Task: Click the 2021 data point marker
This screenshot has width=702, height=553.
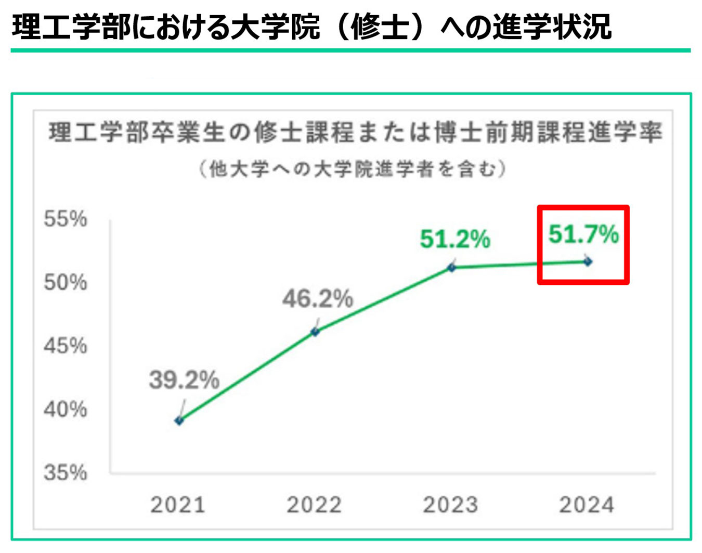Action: (x=179, y=420)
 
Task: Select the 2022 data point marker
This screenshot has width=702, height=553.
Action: (x=315, y=331)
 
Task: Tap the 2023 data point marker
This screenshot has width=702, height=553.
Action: (x=452, y=267)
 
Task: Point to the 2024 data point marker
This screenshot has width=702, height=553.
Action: (x=588, y=261)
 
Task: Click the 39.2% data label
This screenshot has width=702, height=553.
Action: (x=184, y=380)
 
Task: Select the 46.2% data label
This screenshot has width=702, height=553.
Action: (x=318, y=299)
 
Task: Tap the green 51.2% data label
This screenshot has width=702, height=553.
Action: (x=455, y=239)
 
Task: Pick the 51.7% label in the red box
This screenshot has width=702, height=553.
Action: (x=583, y=234)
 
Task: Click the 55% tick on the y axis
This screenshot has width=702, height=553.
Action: (x=66, y=219)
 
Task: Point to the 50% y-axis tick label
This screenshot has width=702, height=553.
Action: (x=66, y=282)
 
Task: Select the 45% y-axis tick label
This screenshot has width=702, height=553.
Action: (x=66, y=346)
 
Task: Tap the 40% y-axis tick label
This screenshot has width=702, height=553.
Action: (x=66, y=409)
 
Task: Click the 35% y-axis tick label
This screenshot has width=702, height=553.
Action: (x=66, y=473)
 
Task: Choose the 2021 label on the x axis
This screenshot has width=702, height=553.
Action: (x=178, y=505)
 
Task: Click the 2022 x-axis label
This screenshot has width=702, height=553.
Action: (x=314, y=505)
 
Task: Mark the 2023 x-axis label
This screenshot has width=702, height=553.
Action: (x=450, y=505)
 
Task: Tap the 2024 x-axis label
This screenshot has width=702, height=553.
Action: (x=587, y=505)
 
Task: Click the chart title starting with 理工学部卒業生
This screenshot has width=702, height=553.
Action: (x=356, y=133)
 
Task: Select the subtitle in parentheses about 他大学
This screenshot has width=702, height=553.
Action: (x=353, y=169)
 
